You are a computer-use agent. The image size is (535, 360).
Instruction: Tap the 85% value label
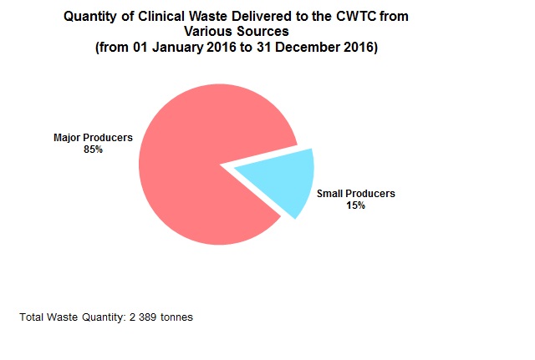pos(93,150)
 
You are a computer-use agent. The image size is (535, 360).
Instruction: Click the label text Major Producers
pos(93,138)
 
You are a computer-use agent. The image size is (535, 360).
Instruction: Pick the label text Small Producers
pos(356,193)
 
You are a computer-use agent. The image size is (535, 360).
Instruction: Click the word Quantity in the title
pos(92,17)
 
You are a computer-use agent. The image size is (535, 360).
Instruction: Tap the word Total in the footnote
pos(31,317)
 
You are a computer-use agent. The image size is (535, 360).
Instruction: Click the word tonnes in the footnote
pos(176,317)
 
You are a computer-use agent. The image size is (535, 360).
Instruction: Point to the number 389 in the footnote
pos(147,317)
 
